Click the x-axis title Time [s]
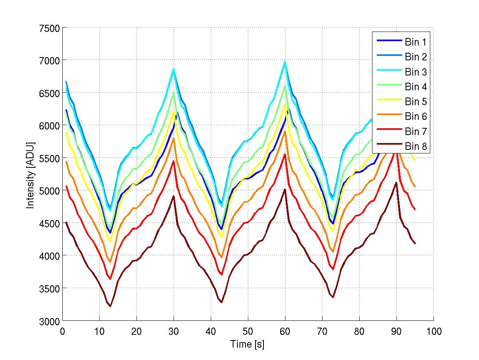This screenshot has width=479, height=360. click(x=247, y=344)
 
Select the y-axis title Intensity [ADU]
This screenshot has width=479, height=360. click(x=30, y=175)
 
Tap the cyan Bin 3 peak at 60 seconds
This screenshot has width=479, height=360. click(x=285, y=62)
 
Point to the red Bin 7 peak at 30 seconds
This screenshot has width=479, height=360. click(x=174, y=161)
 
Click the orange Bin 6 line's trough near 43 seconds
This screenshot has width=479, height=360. click(x=222, y=257)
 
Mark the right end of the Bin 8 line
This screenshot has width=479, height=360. click(x=415, y=243)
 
